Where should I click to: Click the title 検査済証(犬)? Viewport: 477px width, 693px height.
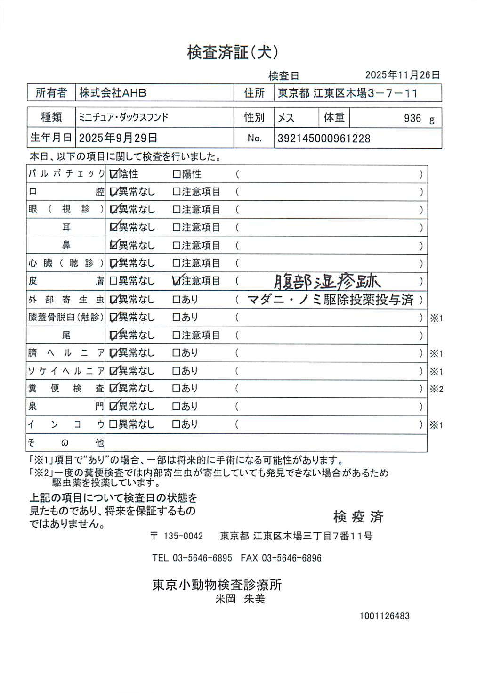click(233, 52)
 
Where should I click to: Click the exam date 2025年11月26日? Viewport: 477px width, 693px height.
click(403, 75)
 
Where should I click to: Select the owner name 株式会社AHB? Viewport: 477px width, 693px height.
click(113, 93)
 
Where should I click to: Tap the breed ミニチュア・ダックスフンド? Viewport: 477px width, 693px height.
click(123, 117)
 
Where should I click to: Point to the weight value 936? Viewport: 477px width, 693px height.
click(412, 118)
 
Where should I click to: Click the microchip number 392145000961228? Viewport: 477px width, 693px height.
click(324, 139)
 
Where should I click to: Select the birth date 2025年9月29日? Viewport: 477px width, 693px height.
click(118, 138)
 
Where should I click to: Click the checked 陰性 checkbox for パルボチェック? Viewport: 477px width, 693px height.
click(113, 174)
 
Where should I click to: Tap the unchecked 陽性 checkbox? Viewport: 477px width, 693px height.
click(177, 174)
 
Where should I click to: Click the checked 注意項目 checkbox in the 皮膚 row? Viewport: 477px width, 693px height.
click(177, 281)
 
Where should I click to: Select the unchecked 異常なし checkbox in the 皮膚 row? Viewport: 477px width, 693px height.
click(113, 281)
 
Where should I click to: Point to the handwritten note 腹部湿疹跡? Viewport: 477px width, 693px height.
click(327, 282)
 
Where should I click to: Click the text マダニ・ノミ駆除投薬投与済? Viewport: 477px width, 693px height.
click(330, 300)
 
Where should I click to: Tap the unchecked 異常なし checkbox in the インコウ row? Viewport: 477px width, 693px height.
click(113, 424)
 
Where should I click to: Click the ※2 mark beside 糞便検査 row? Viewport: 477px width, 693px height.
click(437, 389)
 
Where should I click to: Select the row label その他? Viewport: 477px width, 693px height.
click(65, 443)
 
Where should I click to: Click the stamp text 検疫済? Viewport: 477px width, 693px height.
click(358, 517)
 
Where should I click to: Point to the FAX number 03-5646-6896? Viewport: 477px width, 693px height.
click(291, 558)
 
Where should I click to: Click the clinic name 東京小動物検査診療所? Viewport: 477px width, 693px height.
click(217, 585)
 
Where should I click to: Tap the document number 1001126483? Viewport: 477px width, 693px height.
click(385, 616)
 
